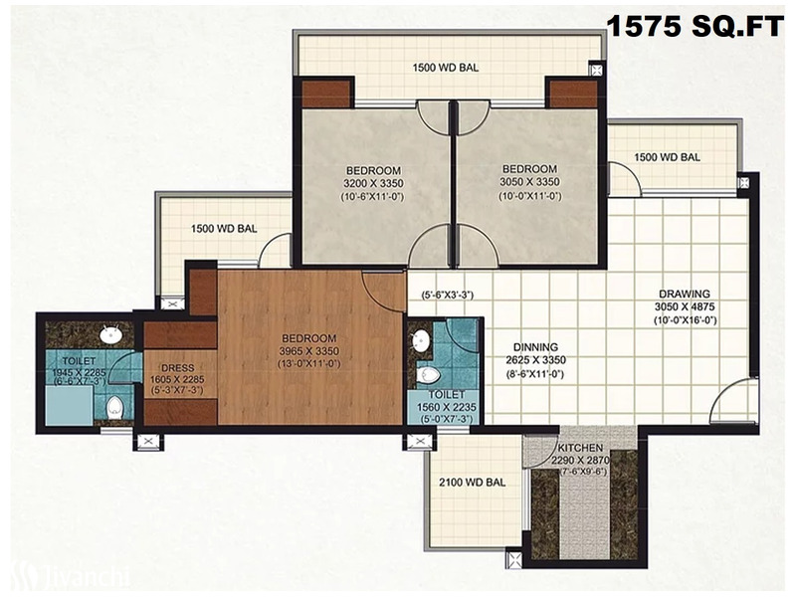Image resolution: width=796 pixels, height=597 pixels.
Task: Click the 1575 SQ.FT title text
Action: pyautogui.click(x=695, y=27)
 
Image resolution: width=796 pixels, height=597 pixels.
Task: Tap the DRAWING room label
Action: pyautogui.click(x=685, y=294)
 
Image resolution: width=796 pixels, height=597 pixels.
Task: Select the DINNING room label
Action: pyautogui.click(x=535, y=347)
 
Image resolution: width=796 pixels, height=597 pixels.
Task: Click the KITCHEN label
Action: pyautogui.click(x=580, y=449)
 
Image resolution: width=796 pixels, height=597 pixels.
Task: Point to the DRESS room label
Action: pyautogui.click(x=178, y=368)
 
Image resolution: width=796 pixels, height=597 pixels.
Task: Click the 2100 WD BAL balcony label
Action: pyautogui.click(x=472, y=483)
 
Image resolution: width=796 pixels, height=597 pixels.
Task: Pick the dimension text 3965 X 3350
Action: pyautogui.click(x=309, y=351)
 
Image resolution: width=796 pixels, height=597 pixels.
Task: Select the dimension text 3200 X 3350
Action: pyautogui.click(x=374, y=183)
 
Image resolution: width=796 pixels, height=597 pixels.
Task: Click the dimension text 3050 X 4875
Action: pyautogui.click(x=685, y=307)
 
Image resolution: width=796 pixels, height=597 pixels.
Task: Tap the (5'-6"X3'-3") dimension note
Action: pyautogui.click(x=447, y=295)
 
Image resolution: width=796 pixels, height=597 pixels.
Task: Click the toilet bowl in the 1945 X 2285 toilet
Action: pyautogui.click(x=114, y=407)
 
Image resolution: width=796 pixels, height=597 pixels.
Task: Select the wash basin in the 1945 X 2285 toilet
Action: pyautogui.click(x=109, y=334)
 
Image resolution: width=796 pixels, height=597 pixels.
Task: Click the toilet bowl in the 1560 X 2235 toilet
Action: pyautogui.click(x=428, y=376)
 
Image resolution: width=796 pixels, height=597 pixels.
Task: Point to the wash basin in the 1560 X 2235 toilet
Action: pyautogui.click(x=421, y=339)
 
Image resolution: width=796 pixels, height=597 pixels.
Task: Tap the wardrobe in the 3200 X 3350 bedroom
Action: pyautogui.click(x=327, y=95)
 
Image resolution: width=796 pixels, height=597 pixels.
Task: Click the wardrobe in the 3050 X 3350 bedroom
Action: pyautogui.click(x=574, y=95)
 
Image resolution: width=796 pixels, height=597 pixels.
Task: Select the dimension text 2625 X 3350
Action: pyautogui.click(x=535, y=360)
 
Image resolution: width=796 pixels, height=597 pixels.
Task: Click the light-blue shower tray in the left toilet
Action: pyautogui.click(x=69, y=405)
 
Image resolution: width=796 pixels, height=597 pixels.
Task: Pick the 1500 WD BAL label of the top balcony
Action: pyautogui.click(x=445, y=68)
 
